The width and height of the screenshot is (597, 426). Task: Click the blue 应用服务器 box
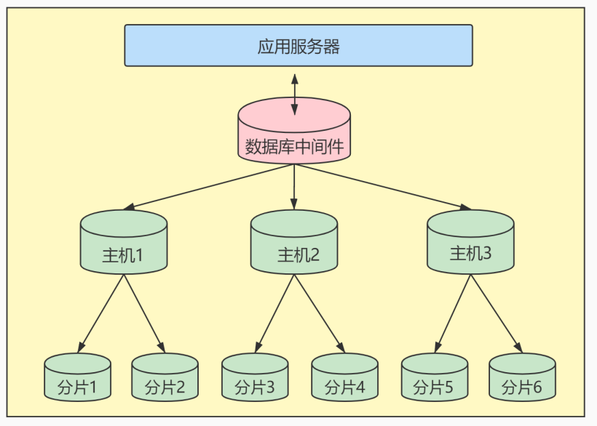click(298, 45)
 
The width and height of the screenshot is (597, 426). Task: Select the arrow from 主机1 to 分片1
click(101, 313)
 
